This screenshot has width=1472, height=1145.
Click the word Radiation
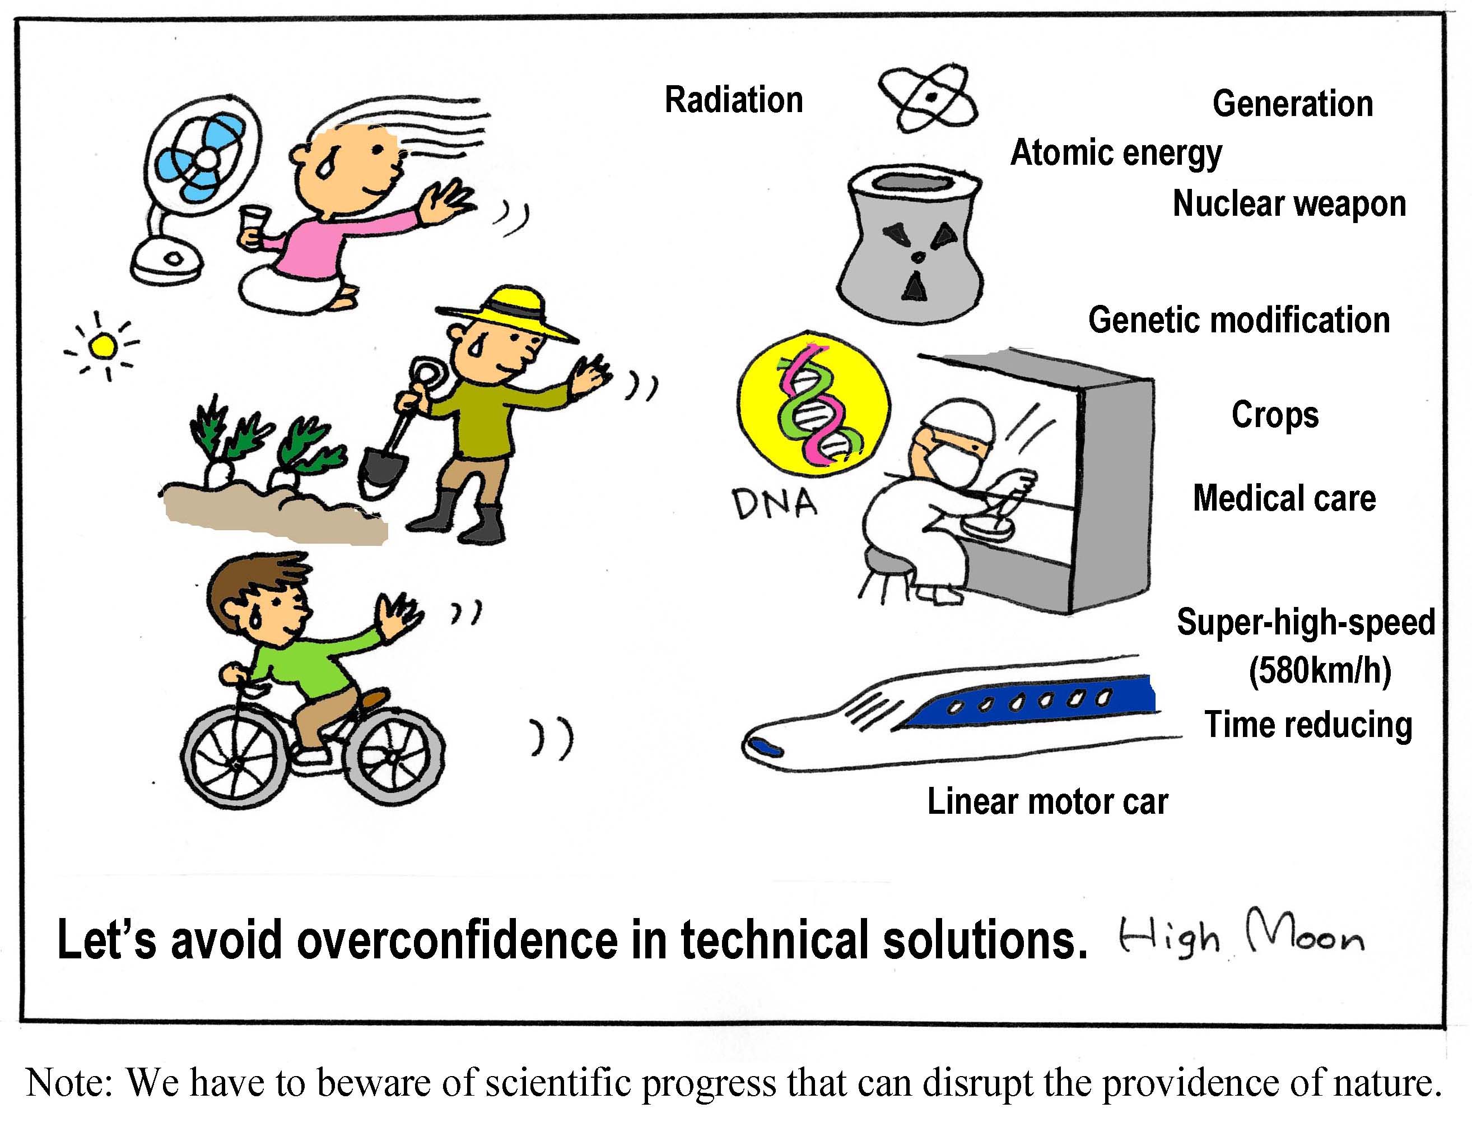coord(734,100)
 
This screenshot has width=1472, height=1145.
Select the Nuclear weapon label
coord(1289,203)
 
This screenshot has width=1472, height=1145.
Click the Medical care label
coord(1284,498)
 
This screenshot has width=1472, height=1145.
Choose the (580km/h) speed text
coord(1320,671)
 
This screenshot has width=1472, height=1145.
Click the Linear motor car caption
coord(1047,802)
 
